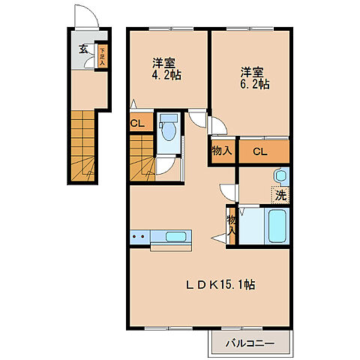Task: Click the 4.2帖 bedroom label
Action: (166, 69)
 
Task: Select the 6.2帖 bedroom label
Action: (255, 78)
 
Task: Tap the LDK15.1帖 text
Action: (220, 285)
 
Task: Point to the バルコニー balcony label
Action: (250, 343)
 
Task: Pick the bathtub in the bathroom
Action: (277, 226)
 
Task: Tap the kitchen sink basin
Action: (175, 236)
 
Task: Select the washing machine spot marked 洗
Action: (280, 195)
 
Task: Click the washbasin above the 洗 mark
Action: (280, 176)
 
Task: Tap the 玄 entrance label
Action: (83, 49)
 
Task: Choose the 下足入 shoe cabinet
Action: (102, 56)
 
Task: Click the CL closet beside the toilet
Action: (141, 122)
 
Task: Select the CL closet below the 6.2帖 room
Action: (264, 151)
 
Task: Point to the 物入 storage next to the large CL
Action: (223, 151)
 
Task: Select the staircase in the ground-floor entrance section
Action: (82, 145)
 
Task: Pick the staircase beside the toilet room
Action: (142, 158)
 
